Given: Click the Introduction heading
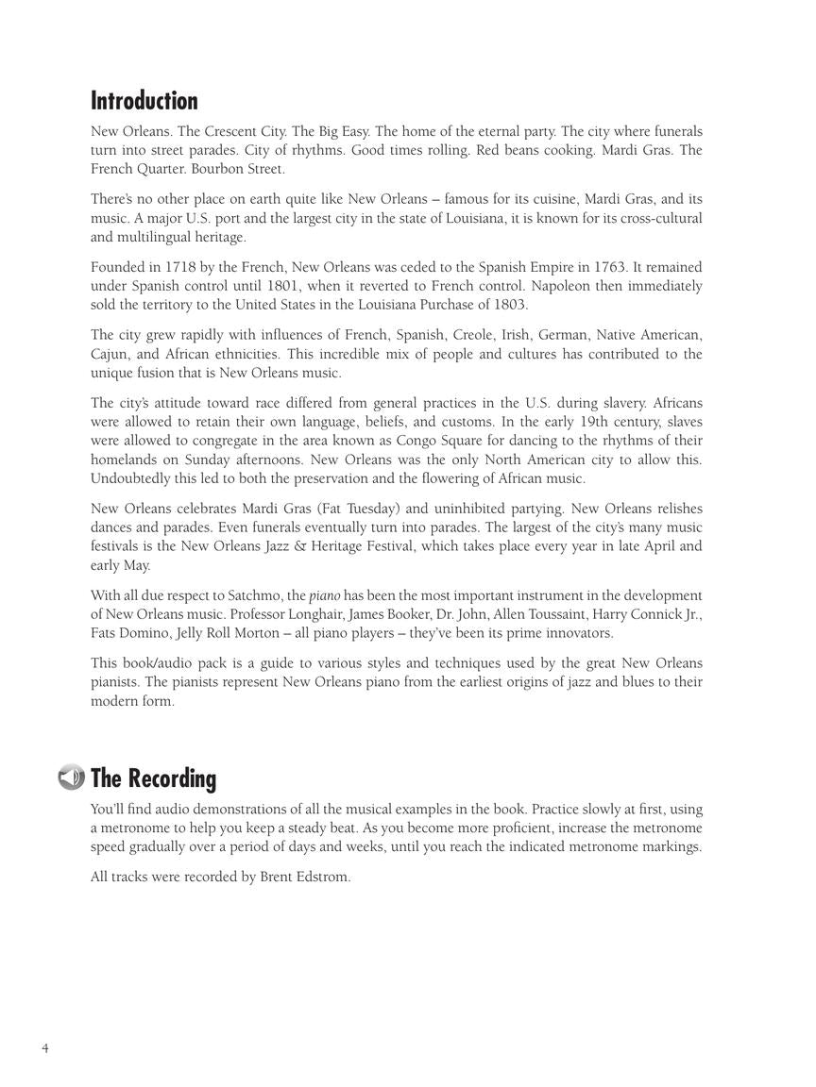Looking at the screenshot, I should click(x=144, y=101).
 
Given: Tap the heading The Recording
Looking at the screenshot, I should click(x=153, y=778).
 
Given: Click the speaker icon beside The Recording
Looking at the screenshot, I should click(x=71, y=778).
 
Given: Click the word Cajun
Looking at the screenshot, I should click(x=110, y=354).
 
